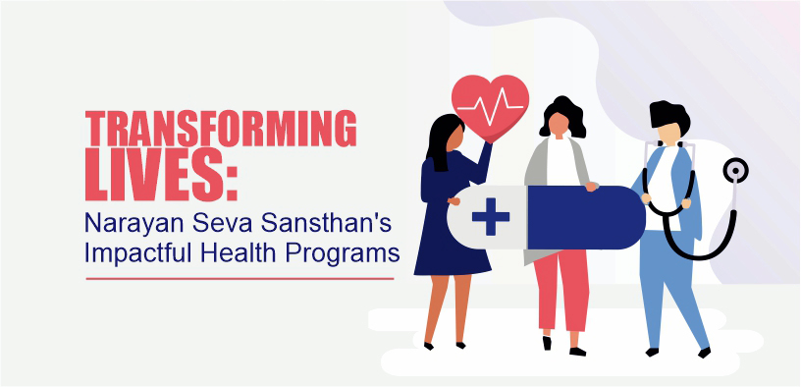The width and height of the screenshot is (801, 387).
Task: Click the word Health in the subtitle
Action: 243,252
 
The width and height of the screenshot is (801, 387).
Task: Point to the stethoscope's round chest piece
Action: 734,172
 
